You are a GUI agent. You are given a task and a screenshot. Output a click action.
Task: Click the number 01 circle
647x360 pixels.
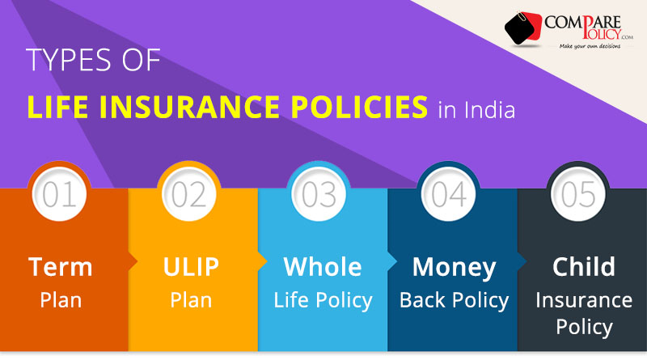tap(61, 195)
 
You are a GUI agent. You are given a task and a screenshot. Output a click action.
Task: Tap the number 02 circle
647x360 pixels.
tap(191, 195)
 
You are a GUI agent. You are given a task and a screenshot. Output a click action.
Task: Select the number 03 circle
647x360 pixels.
tap(320, 195)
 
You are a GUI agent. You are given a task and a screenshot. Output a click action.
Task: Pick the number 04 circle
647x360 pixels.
tap(450, 195)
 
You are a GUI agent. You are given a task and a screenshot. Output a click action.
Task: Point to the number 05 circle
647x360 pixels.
tap(579, 195)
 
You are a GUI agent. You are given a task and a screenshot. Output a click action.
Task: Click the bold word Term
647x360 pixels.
tap(61, 266)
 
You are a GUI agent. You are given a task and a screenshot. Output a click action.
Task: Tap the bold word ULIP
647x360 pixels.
tap(191, 266)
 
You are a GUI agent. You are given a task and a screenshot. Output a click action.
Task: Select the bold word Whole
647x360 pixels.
tap(323, 266)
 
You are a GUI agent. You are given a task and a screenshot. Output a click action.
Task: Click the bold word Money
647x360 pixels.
tap(454, 266)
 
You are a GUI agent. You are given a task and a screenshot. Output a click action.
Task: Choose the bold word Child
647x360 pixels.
tap(584, 266)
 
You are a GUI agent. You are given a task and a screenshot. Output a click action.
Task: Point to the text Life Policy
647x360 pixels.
tap(323, 300)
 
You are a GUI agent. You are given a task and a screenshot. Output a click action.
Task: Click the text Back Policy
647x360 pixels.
tap(454, 300)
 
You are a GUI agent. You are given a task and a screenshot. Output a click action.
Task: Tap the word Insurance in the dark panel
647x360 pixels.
tap(584, 300)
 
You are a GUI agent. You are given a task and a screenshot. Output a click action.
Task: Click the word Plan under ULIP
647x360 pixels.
tap(191, 300)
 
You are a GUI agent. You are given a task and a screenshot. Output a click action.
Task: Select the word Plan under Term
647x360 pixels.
tap(61, 300)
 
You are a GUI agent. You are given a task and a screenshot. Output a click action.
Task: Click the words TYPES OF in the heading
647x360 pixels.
tap(93, 63)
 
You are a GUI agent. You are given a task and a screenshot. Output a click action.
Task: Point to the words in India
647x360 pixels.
tap(476, 108)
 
